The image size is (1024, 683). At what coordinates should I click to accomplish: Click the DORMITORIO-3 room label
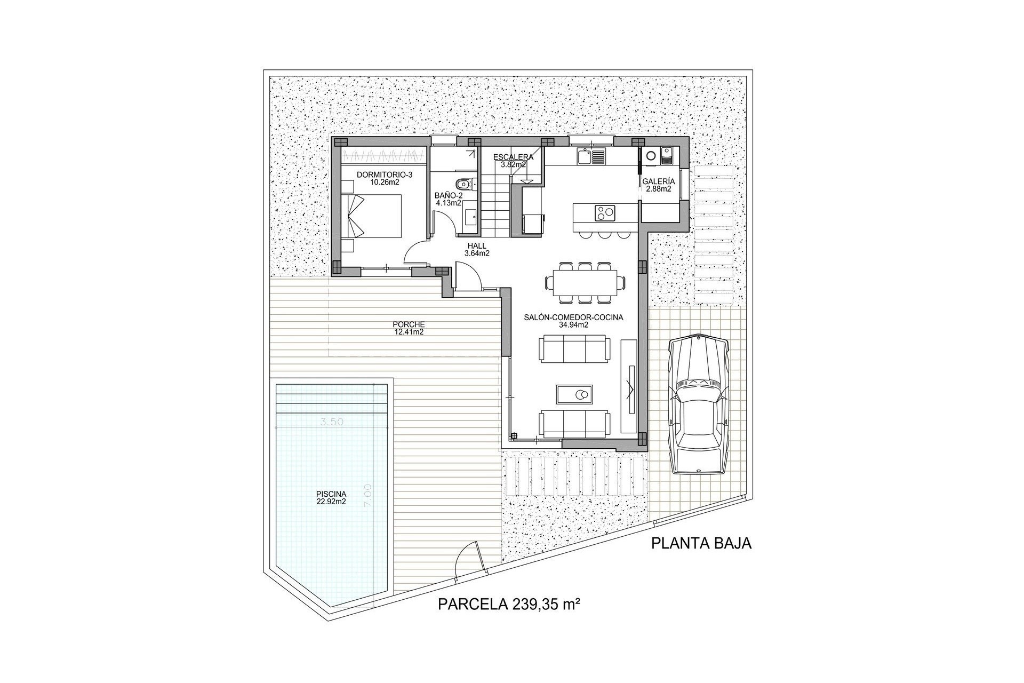tap(377, 174)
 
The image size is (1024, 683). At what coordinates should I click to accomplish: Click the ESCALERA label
tap(513, 157)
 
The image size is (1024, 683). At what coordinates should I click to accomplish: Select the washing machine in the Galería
tap(651, 156)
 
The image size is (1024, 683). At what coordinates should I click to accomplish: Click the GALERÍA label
tap(659, 181)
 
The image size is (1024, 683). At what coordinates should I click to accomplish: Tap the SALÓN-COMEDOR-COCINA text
tap(574, 317)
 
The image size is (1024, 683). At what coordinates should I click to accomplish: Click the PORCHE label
tap(408, 324)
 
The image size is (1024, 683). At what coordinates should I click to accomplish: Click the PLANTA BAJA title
tap(701, 544)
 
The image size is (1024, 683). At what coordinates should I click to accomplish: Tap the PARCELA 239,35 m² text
tap(509, 605)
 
